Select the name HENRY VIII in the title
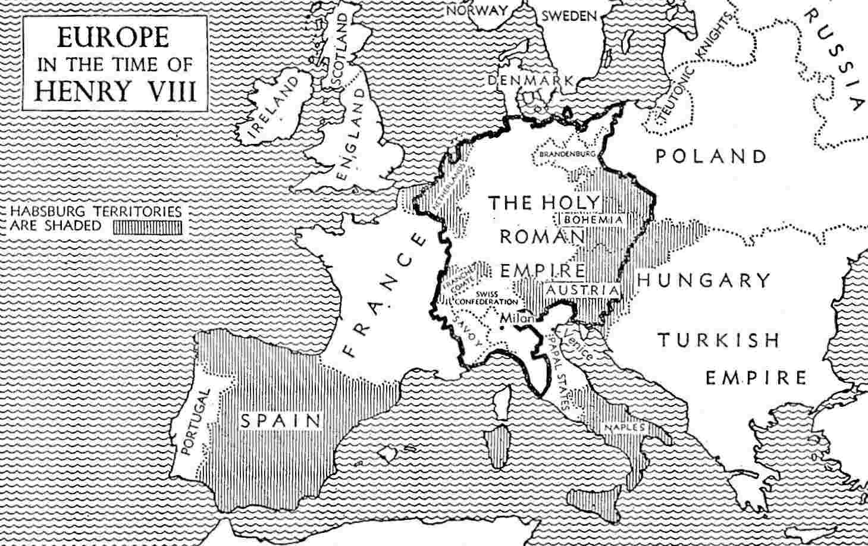click(x=115, y=91)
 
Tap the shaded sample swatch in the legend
click(x=148, y=227)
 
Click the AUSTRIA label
click(x=582, y=290)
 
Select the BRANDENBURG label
click(x=567, y=154)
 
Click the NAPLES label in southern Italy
click(x=623, y=427)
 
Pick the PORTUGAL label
click(x=195, y=422)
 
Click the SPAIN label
click(x=280, y=421)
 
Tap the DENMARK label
click(x=531, y=80)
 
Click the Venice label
click(x=578, y=345)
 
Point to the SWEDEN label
click(x=568, y=16)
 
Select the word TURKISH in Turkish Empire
click(x=718, y=340)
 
